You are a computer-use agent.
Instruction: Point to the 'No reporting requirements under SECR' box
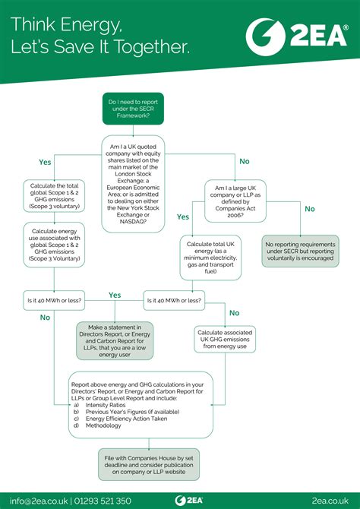pyautogui.click(x=301, y=250)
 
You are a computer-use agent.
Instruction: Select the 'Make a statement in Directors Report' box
pyautogui.click(x=115, y=340)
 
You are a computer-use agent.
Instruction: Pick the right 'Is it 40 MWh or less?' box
pyautogui.click(x=174, y=301)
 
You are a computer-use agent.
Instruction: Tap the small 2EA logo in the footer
pyautogui.click(x=179, y=500)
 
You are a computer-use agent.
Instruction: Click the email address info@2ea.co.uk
pyautogui.click(x=37, y=500)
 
